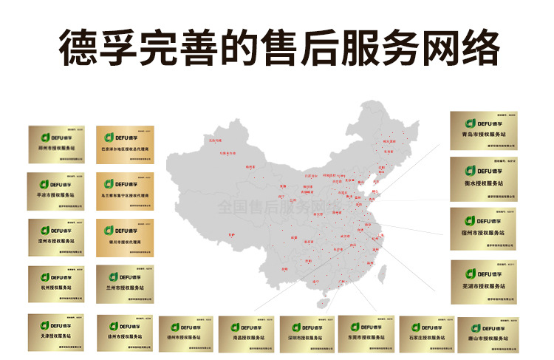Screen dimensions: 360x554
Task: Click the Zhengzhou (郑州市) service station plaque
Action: click(58, 145)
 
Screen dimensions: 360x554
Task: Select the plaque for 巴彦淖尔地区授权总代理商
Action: click(125, 145)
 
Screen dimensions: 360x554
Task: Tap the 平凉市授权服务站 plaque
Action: click(56, 191)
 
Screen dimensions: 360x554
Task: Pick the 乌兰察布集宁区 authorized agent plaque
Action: click(125, 191)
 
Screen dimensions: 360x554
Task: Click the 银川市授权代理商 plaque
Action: click(125, 238)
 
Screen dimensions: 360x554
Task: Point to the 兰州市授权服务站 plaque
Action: click(125, 284)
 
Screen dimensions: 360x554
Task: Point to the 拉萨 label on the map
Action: click(231, 235)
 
